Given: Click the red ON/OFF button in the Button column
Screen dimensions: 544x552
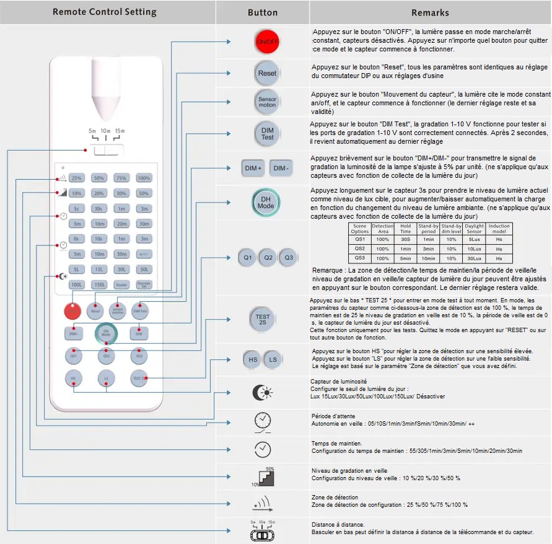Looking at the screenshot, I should (267, 42).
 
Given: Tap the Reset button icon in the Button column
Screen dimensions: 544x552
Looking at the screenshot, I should (267, 73).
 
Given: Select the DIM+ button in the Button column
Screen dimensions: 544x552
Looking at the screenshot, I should (253, 168).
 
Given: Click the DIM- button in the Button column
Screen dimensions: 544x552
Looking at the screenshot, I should (281, 168).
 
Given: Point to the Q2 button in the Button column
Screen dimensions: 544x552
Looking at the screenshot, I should (267, 257).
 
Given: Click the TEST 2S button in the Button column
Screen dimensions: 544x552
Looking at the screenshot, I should (263, 318).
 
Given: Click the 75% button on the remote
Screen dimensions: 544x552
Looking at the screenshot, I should (121, 178).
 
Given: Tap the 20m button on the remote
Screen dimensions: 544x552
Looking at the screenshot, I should (121, 224).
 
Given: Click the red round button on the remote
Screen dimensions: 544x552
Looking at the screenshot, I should (73, 312).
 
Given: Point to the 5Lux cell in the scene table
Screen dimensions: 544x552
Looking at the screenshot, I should (474, 239).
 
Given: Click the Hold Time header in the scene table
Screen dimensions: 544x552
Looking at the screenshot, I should (405, 228).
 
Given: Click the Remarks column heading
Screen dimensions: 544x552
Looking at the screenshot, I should (430, 12).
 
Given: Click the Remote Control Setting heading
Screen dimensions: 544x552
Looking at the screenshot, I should (105, 12).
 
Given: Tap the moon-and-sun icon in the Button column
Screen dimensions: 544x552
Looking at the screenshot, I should (263, 393).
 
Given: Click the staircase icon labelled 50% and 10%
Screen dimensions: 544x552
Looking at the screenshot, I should (265, 476).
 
